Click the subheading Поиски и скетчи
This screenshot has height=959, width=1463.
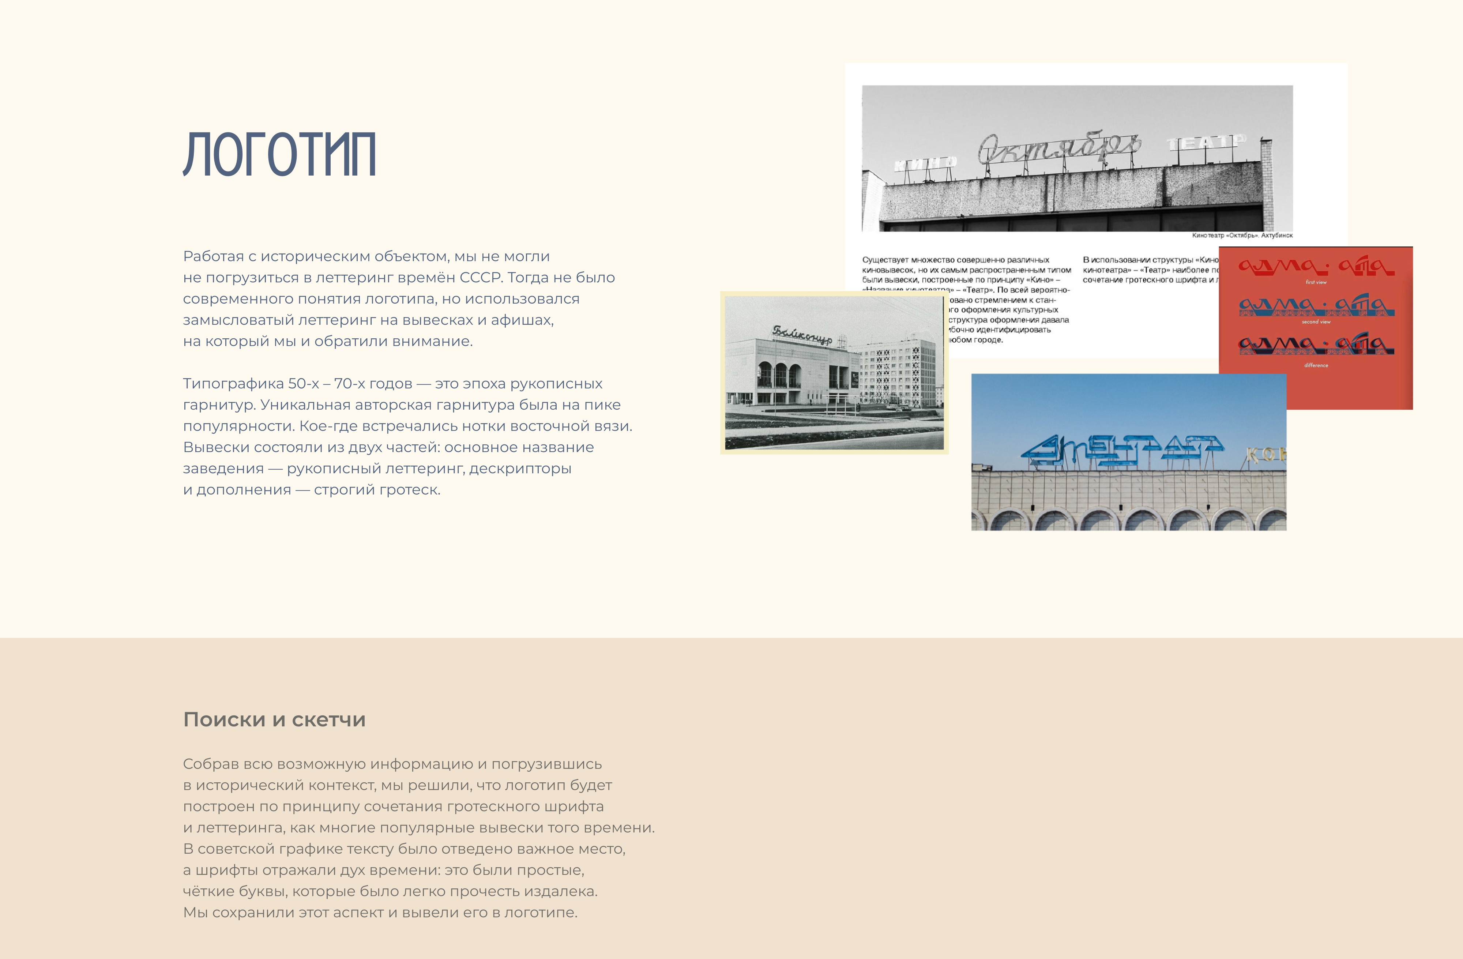click(x=274, y=719)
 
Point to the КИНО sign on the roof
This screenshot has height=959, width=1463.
click(x=925, y=163)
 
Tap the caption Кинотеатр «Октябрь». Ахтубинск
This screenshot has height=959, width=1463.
click(x=1242, y=236)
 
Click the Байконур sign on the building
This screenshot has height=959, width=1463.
click(x=802, y=334)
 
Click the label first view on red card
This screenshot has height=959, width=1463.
click(x=1316, y=282)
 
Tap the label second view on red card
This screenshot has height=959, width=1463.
click(x=1316, y=321)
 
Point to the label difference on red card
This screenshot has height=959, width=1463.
click(x=1316, y=365)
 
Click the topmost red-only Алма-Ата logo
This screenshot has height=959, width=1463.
click(x=1316, y=266)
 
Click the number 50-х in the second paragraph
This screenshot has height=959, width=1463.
click(x=304, y=384)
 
